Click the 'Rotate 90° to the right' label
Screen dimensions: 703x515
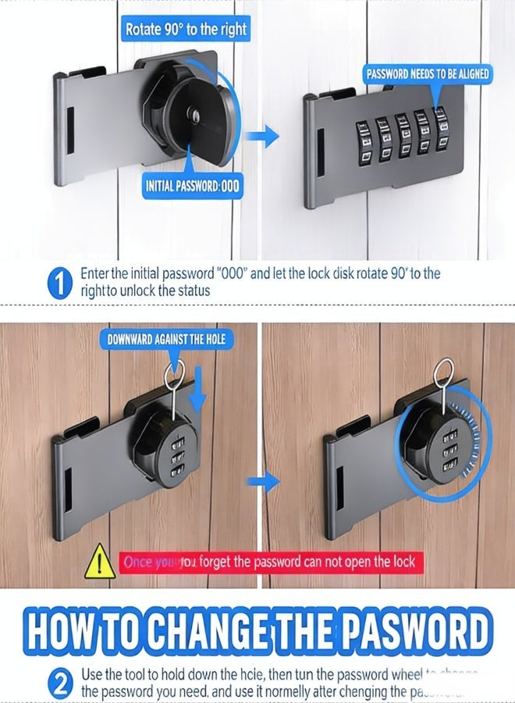tap(186, 30)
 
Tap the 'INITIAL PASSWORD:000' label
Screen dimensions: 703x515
tap(193, 186)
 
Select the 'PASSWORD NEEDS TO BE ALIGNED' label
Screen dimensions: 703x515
tap(428, 74)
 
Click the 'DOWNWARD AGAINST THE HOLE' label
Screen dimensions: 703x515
tap(166, 339)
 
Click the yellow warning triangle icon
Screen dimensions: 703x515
tap(99, 562)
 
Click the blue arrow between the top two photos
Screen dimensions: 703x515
tap(262, 139)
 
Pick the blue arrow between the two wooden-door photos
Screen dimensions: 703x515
tap(268, 481)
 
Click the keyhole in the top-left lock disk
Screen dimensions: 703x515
tap(195, 116)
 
